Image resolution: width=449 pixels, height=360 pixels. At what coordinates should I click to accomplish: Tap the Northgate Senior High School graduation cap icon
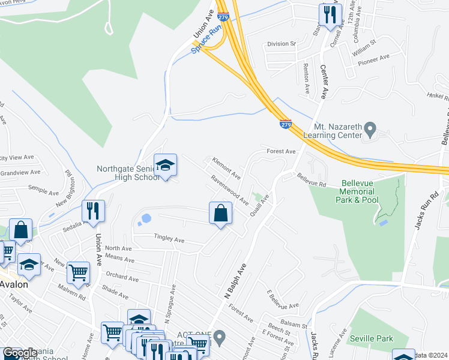coord(165,166)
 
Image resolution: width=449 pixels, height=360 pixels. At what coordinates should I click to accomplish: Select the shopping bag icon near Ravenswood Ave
coord(221,213)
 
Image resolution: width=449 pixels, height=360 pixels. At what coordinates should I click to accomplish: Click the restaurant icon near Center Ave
coord(330,15)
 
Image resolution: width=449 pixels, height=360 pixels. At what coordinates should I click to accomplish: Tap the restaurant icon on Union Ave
coord(93,211)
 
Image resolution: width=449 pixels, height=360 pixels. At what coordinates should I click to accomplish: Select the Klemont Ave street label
coord(226,169)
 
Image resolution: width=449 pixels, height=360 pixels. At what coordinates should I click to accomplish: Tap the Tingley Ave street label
coord(169,238)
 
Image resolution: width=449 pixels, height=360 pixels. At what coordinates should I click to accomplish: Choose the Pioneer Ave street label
coord(374,59)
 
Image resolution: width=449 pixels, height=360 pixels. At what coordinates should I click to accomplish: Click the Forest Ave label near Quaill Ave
coord(282,152)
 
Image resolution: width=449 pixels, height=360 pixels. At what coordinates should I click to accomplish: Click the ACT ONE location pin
coord(220,338)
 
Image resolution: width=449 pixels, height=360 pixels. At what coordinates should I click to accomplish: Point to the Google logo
coord(19,353)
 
